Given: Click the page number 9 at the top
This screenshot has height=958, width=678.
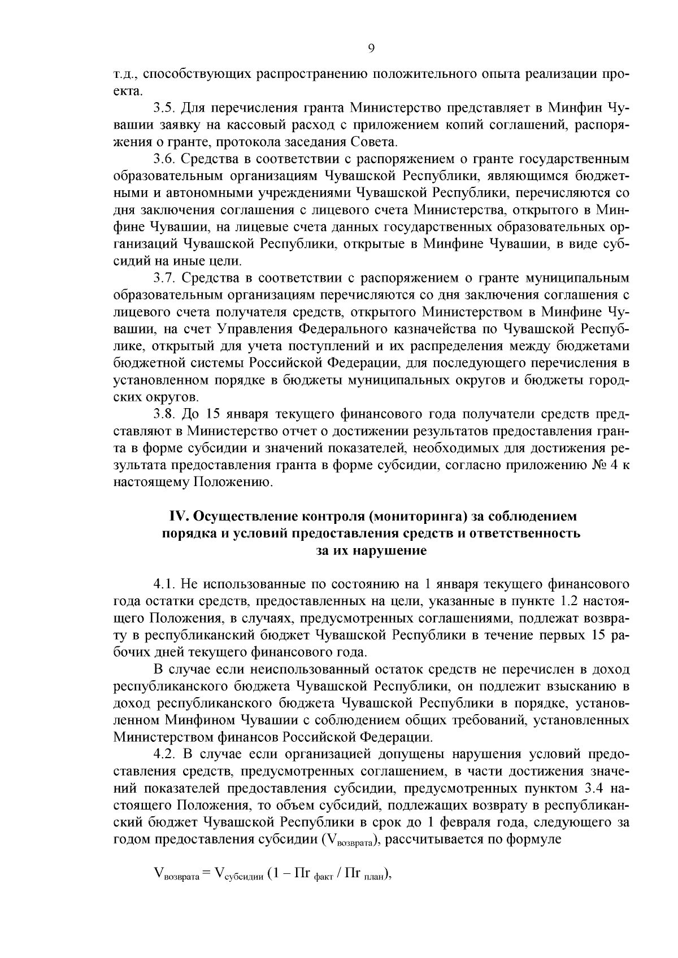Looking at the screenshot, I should pyautogui.click(x=371, y=49).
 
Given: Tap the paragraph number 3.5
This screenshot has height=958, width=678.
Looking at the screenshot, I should pyautogui.click(x=165, y=107).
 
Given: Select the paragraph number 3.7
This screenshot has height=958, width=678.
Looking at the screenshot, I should pyautogui.click(x=165, y=278).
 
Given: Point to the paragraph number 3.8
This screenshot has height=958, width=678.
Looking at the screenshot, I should pyautogui.click(x=165, y=414).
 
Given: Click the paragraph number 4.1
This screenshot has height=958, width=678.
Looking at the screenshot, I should pyautogui.click(x=165, y=583).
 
